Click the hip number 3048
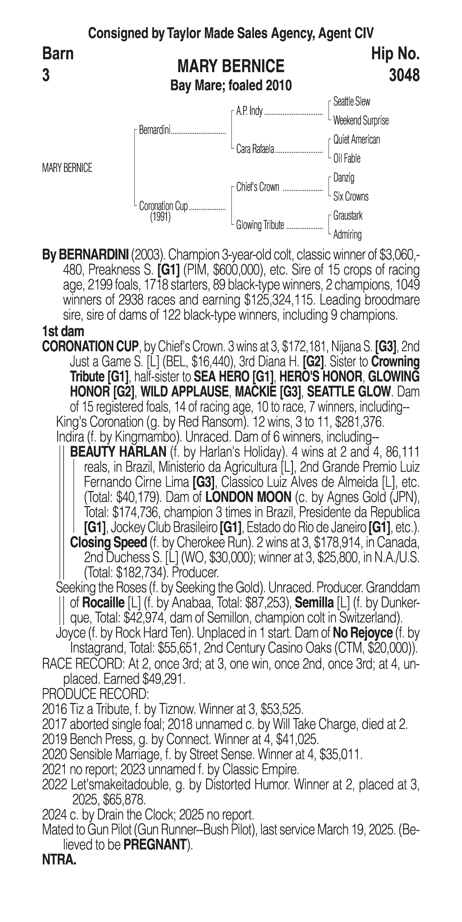(404, 76)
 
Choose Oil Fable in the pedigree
(347, 159)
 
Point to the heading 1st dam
(63, 331)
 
